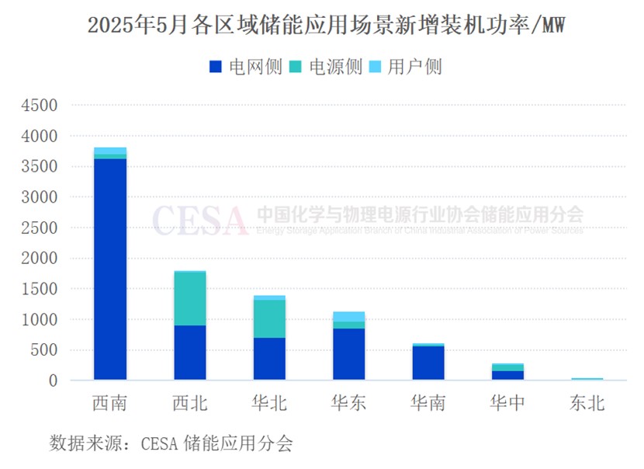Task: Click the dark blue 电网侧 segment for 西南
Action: point(110,269)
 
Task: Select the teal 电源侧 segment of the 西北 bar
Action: point(190,298)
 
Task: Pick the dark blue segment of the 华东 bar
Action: point(348,354)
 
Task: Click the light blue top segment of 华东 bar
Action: point(348,316)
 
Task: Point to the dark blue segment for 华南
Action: point(428,363)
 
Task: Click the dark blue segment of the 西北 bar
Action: point(190,353)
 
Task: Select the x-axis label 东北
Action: point(587,404)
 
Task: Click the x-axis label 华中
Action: point(507,404)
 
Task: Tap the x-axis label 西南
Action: point(110,404)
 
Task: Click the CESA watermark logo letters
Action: point(200,220)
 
